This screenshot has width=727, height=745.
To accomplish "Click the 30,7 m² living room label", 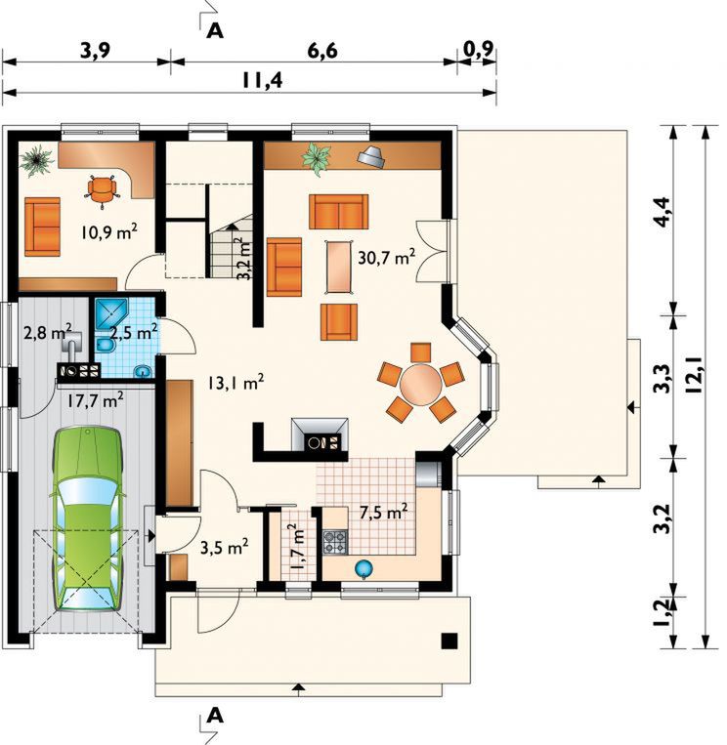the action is click(387, 257).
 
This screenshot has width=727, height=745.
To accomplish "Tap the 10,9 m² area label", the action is click(109, 232).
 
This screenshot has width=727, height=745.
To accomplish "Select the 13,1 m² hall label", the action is click(235, 383).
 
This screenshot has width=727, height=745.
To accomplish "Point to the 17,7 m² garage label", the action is click(95, 400).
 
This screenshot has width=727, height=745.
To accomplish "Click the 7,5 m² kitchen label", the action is click(383, 513).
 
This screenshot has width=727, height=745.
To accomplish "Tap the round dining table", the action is click(421, 385).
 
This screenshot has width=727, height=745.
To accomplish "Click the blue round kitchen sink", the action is click(363, 567).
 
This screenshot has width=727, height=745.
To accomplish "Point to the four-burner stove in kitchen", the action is click(336, 543).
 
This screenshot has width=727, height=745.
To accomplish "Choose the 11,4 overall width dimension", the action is click(263, 80).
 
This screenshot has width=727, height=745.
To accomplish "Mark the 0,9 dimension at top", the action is click(478, 49).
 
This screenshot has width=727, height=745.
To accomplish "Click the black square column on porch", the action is click(449, 641).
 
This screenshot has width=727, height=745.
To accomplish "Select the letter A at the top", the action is click(215, 31).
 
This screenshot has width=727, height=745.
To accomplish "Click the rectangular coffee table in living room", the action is click(338, 268).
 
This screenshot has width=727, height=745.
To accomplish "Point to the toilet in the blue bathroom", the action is click(105, 346).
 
